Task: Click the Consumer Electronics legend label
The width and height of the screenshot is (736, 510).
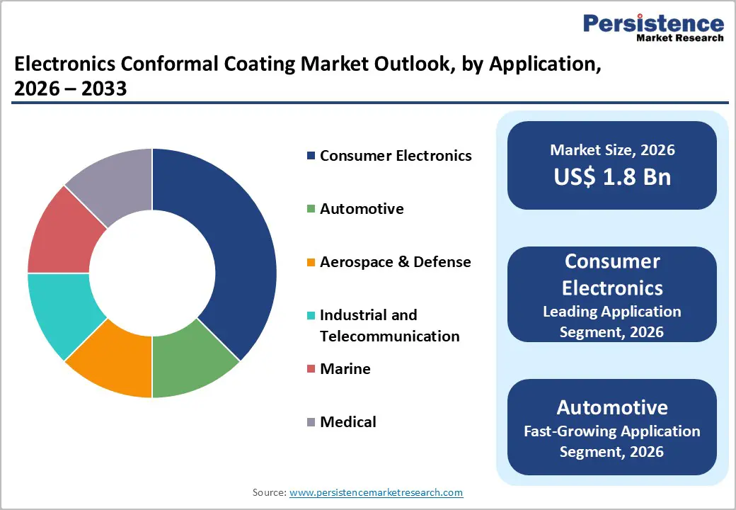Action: (395, 156)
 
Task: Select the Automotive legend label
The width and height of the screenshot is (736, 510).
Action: (362, 209)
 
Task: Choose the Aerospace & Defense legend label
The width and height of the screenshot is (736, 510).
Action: (395, 262)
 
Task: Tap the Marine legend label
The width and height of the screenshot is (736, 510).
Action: (345, 369)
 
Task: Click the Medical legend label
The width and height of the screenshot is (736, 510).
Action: (347, 422)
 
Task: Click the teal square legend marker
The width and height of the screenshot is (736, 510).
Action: (311, 316)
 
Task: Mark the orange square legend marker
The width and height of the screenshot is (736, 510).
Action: (311, 263)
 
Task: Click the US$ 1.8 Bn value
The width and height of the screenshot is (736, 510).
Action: (612, 177)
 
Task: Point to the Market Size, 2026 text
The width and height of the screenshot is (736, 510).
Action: (612, 150)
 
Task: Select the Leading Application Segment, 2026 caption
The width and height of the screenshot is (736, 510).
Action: (612, 322)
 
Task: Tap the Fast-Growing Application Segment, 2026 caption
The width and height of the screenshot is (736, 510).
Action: (612, 441)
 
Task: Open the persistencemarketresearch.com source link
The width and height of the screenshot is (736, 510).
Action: (376, 492)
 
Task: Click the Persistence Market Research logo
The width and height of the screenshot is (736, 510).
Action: (652, 28)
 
